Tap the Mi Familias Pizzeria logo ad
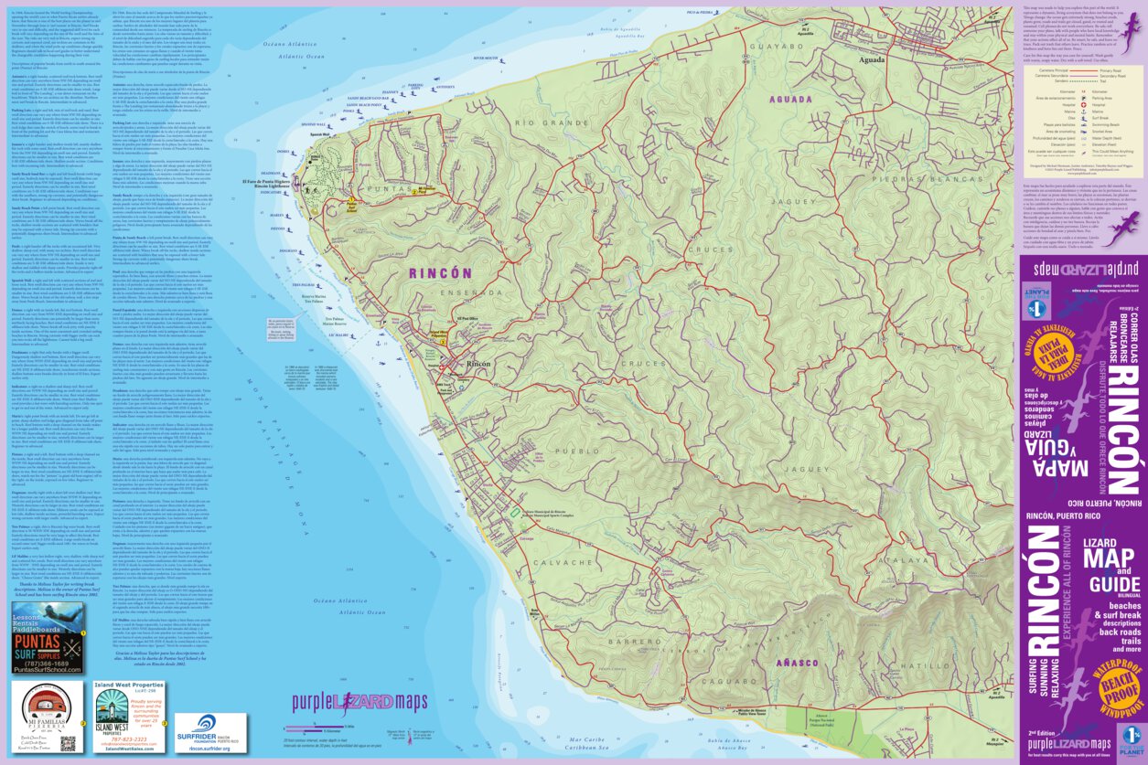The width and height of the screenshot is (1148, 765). tap(48, 716)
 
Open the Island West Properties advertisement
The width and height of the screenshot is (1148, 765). tap(128, 716)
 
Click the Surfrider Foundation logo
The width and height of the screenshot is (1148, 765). tap(209, 731)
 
